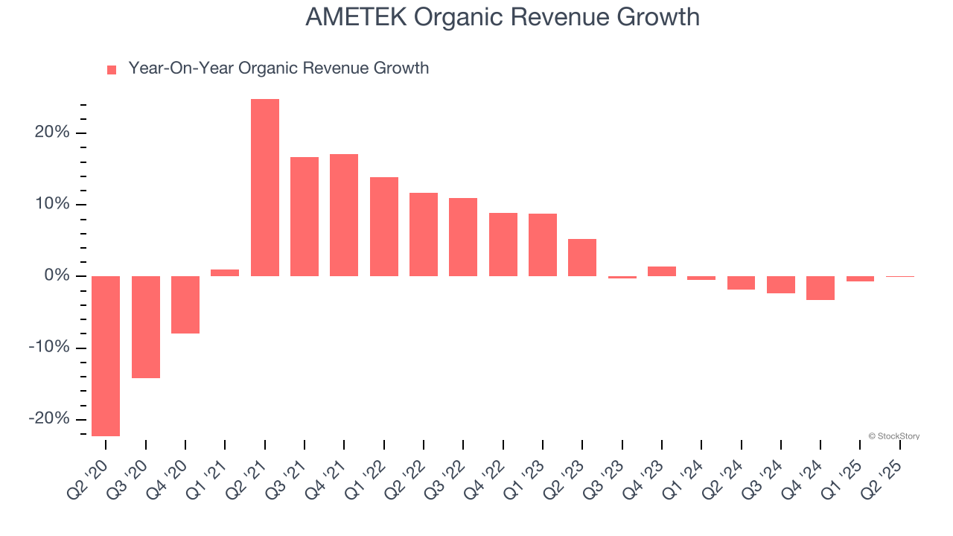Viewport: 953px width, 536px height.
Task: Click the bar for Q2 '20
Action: click(106, 356)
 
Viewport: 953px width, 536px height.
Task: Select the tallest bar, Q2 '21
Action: click(265, 188)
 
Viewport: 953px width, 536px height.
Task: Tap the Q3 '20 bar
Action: click(146, 327)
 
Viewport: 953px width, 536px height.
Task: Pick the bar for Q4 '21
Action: click(344, 215)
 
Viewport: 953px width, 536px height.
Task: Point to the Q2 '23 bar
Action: click(582, 258)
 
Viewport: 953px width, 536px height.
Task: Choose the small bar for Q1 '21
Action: click(225, 273)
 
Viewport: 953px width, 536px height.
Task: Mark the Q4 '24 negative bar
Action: click(820, 288)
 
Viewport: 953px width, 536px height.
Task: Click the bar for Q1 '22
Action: click(384, 226)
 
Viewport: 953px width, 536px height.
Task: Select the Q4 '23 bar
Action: click(662, 271)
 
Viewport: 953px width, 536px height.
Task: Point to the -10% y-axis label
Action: click(48, 348)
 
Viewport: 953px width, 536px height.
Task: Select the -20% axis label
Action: click(48, 419)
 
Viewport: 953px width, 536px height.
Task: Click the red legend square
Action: click(112, 69)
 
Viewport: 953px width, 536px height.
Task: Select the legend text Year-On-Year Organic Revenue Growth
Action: click(278, 68)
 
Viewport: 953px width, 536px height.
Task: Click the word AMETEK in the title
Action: click(356, 17)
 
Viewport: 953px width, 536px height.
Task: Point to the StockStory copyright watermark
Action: click(893, 436)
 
